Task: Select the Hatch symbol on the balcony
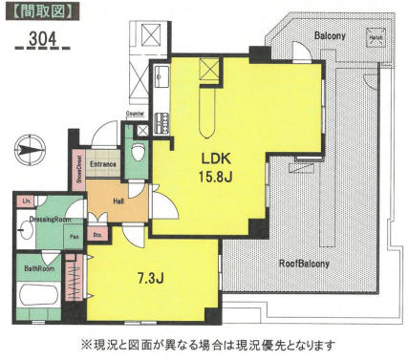[x=376, y=40]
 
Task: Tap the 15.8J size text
[x=217, y=177]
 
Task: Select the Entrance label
[x=103, y=164]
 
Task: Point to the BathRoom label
[x=38, y=268]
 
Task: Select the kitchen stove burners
[x=161, y=121]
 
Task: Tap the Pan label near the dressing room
[x=73, y=237]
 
